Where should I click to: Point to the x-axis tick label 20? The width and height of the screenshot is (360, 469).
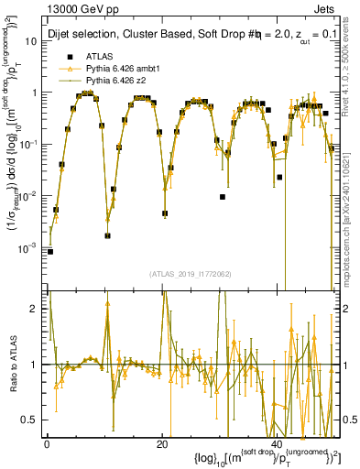pos(163,443)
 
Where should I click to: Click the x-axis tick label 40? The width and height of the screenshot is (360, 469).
pos(278,443)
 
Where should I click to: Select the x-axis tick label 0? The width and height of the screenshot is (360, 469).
pos(48,443)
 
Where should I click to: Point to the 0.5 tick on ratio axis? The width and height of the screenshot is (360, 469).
pos(34,420)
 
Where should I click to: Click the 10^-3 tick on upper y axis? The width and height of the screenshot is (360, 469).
pos(30,248)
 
